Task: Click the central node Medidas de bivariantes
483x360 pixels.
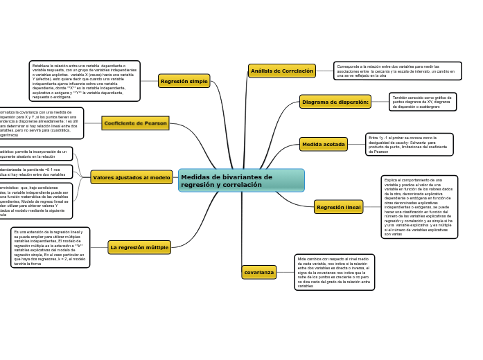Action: click(x=240, y=181)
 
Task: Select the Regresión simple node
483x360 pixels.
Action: click(x=184, y=81)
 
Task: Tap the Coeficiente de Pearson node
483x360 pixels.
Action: click(x=135, y=123)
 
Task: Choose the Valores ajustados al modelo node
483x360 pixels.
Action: click(x=131, y=177)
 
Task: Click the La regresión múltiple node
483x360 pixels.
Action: click(x=139, y=246)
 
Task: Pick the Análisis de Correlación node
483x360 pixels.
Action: click(x=281, y=71)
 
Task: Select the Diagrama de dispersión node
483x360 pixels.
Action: click(x=335, y=102)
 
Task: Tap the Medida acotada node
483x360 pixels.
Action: click(x=324, y=144)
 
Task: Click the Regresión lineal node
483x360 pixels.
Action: click(x=338, y=206)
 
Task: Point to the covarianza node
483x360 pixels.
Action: click(x=258, y=272)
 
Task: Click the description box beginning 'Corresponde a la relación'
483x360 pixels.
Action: click(x=397, y=71)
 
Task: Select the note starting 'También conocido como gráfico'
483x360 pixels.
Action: click(x=423, y=102)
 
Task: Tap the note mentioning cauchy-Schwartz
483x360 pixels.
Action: click(x=409, y=144)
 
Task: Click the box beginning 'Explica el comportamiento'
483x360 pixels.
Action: click(x=419, y=206)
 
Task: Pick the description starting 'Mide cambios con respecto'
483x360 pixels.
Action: click(x=334, y=272)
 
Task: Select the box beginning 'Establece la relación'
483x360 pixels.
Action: click(x=85, y=81)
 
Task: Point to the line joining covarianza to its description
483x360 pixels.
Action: click(x=286, y=272)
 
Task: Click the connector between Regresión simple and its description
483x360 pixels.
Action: click(x=149, y=81)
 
